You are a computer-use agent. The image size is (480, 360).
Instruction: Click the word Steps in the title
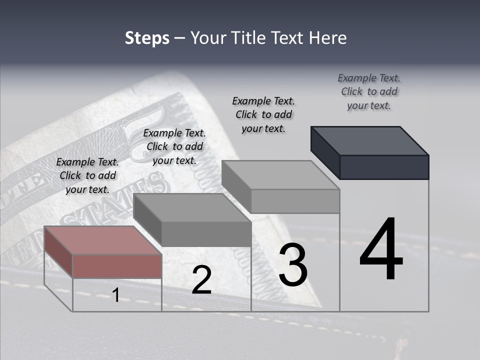click(x=147, y=38)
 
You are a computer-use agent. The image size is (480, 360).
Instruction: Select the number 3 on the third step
click(x=293, y=265)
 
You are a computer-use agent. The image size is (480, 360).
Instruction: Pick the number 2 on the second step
click(x=201, y=280)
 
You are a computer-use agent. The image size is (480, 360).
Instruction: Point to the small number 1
click(x=115, y=295)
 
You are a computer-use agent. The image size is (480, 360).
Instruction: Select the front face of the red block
click(x=117, y=266)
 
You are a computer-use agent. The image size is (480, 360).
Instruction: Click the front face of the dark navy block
click(x=384, y=167)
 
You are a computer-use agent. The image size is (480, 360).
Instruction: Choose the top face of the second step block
click(x=192, y=207)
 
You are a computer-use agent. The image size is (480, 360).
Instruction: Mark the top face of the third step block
click(x=280, y=175)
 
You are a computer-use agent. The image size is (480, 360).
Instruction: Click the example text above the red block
click(x=87, y=176)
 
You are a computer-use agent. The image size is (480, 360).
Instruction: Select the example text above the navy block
click(x=369, y=92)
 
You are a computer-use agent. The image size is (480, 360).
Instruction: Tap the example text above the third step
click(x=263, y=115)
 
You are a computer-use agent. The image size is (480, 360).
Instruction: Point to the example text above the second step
click(x=174, y=147)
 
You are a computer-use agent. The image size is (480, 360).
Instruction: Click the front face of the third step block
click(x=295, y=201)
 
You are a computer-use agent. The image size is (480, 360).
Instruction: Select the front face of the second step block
click(x=206, y=234)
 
